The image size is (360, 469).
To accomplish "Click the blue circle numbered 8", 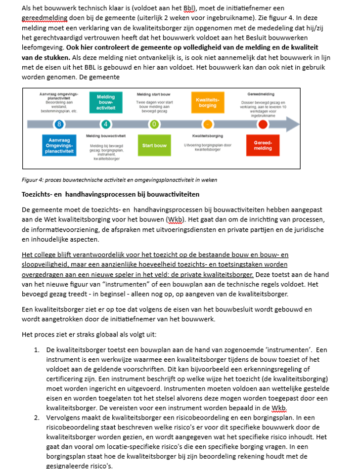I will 60,124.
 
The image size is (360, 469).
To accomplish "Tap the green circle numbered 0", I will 154,124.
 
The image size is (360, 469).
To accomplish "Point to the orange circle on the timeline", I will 208,124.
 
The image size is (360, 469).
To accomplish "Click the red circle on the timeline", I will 263,124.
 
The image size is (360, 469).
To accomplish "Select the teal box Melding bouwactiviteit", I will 106,101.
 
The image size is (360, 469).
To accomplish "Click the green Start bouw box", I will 154,145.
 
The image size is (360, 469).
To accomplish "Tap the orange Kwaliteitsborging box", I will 208,103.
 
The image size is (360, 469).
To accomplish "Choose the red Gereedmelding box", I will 263,145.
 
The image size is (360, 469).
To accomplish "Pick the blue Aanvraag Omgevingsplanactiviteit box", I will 60,145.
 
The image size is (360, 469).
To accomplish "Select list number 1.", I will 37,350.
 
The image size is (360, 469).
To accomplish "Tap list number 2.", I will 37,418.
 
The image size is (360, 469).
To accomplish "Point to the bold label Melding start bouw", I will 154,93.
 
